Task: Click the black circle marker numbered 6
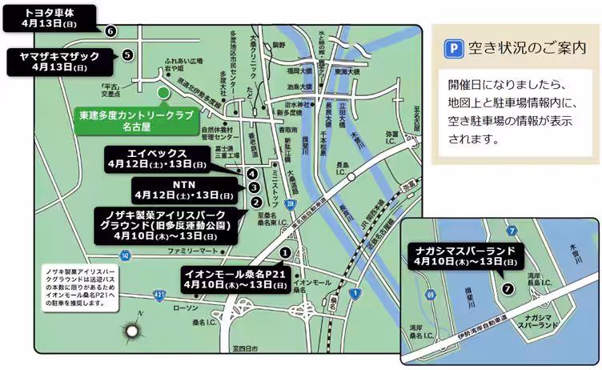coord(110,31)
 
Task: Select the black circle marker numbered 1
coord(285,252)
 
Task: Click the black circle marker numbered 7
coord(506,288)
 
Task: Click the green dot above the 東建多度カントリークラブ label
coord(163,93)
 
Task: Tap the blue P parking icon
coord(452,48)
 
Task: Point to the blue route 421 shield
coord(161,295)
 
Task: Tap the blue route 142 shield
coord(124,255)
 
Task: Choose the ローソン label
coord(185,308)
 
